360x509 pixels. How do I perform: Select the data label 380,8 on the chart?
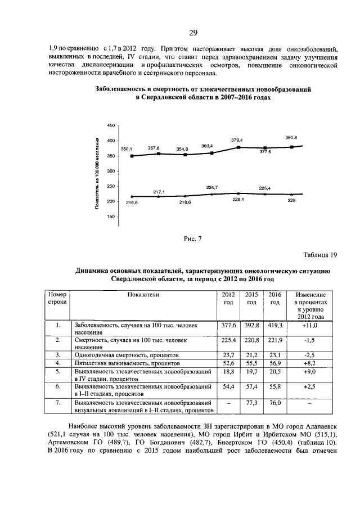click(291, 137)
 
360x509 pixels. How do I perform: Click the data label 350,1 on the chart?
click(126, 148)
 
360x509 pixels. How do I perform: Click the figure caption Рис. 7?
click(192, 238)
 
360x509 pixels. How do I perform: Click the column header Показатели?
click(143, 294)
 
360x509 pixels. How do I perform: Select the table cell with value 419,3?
click(275, 325)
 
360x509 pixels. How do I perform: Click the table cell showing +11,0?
click(310, 325)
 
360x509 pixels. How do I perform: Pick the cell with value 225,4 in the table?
click(228, 340)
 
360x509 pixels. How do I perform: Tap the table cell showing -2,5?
click(310, 355)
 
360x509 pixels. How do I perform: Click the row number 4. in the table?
click(57, 364)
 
